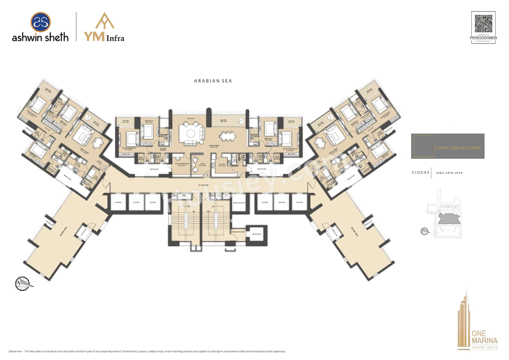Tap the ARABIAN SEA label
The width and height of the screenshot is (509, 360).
coord(213,81)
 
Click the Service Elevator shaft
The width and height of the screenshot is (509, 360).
coord(239,203)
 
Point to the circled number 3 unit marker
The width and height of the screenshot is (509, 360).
coord(207,174)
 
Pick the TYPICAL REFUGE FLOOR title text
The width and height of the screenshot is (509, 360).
coord(457,148)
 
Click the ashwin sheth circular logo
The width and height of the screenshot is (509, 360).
coord(40,21)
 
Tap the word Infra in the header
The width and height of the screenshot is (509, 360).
coord(115,38)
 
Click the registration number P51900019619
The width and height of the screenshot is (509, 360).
coord(483,38)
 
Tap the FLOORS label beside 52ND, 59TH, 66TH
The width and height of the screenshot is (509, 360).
coord(420,173)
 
